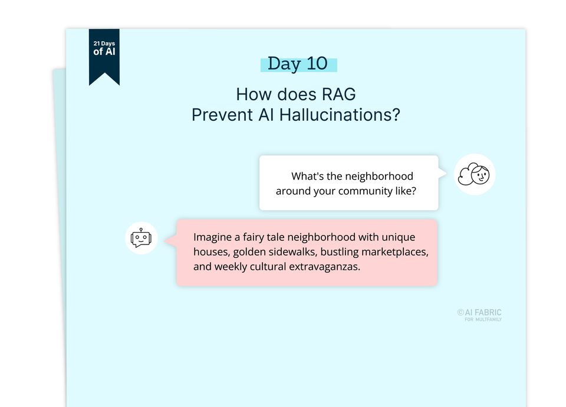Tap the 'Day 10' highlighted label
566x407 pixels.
click(x=298, y=64)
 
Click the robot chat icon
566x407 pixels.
click(x=141, y=238)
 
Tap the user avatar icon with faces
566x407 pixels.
click(x=475, y=174)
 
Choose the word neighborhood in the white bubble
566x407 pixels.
click(x=379, y=176)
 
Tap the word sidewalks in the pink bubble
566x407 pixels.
click(x=303, y=252)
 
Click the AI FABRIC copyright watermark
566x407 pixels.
click(x=479, y=313)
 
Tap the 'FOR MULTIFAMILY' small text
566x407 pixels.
click(x=483, y=320)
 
